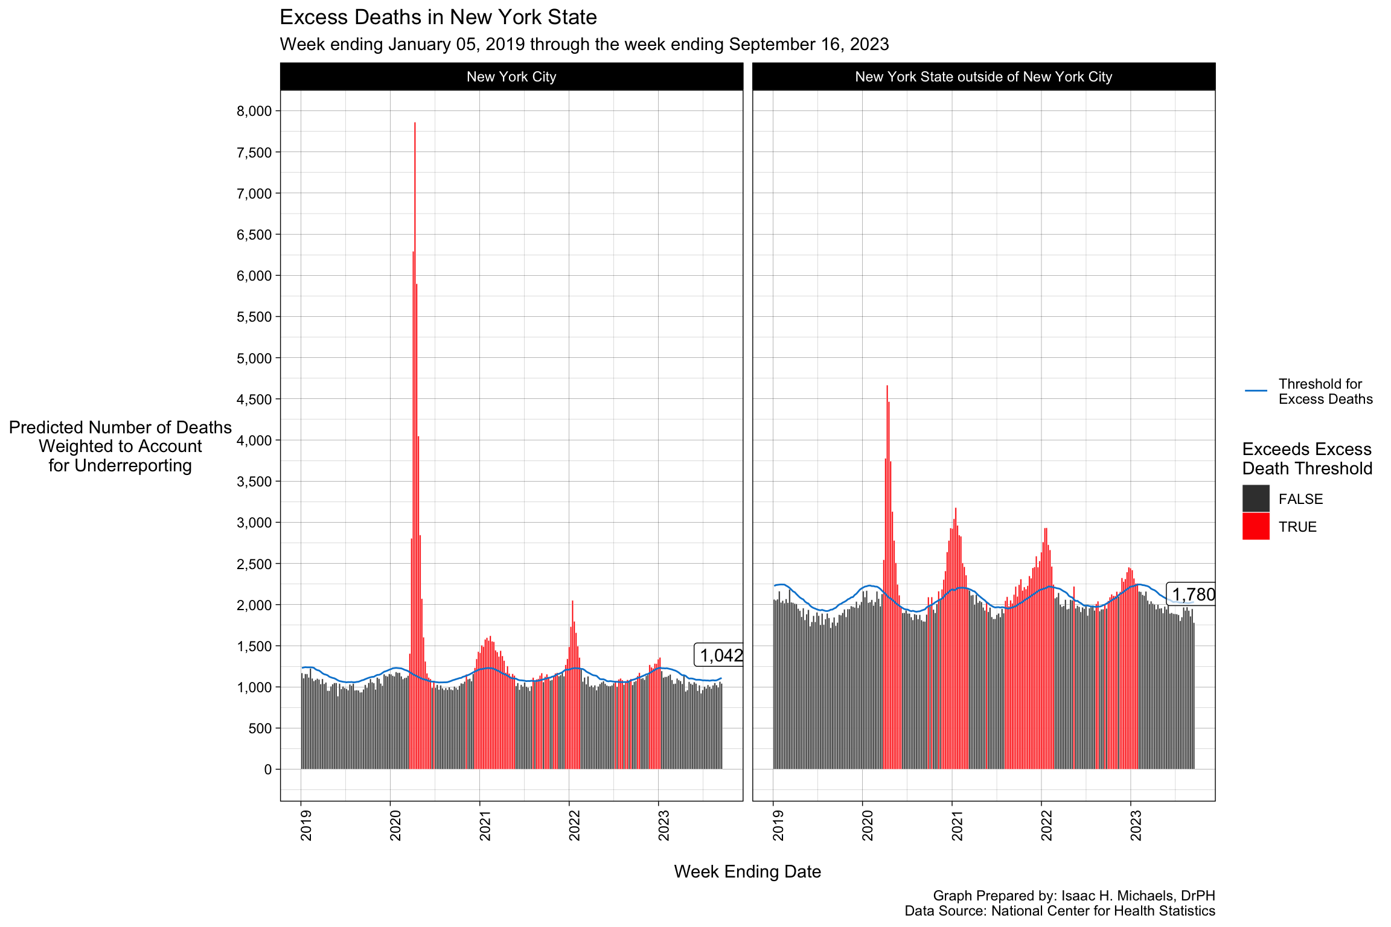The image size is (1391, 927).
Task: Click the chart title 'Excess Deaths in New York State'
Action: click(x=438, y=18)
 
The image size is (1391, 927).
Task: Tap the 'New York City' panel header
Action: click(x=511, y=77)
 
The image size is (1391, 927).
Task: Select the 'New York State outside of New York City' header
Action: click(x=983, y=77)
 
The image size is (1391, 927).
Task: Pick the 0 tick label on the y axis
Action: click(x=267, y=769)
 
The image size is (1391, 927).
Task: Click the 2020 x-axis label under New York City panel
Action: click(x=395, y=824)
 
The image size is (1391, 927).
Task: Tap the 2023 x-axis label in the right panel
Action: click(x=1136, y=824)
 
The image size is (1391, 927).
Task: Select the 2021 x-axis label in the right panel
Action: click(x=957, y=824)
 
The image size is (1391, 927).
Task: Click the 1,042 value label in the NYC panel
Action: click(x=720, y=655)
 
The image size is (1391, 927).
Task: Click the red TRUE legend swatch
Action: click(x=1255, y=526)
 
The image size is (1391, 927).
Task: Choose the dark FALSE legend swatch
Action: click(x=1255, y=499)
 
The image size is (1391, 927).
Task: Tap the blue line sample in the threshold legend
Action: click(x=1255, y=391)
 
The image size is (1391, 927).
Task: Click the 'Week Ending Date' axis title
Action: click(x=747, y=871)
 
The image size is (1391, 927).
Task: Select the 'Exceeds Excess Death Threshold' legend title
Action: click(x=1306, y=459)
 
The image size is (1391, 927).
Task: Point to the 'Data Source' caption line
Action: click(x=1059, y=911)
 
